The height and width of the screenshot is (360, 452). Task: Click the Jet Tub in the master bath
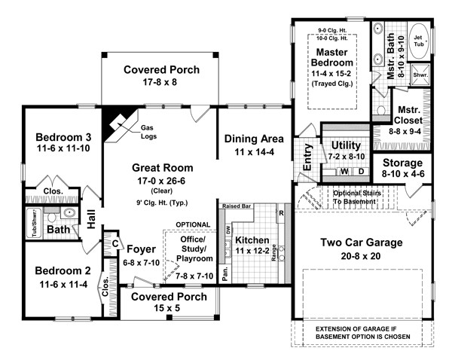tap(419, 41)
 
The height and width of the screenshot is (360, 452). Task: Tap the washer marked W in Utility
tap(344, 172)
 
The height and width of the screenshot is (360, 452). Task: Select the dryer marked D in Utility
tap(361, 172)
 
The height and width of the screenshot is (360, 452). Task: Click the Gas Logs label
tap(148, 132)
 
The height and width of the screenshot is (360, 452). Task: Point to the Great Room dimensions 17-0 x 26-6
tap(161, 181)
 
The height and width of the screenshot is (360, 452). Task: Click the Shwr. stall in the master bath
tap(420, 75)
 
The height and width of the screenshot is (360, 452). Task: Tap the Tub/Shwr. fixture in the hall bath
tap(35, 223)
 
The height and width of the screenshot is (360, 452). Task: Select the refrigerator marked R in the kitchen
tap(281, 214)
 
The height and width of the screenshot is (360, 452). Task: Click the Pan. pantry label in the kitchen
tap(225, 274)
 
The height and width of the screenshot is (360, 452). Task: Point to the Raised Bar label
tap(237, 206)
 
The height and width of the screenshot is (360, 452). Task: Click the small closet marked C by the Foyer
tap(115, 244)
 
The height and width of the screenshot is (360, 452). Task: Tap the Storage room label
tap(402, 163)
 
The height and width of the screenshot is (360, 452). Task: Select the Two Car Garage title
tap(362, 243)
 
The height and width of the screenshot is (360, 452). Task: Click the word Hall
tap(91, 219)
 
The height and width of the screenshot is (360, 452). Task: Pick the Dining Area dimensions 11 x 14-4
tap(254, 152)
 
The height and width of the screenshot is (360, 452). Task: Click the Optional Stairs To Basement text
tap(357, 197)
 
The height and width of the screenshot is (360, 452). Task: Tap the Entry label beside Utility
tap(307, 157)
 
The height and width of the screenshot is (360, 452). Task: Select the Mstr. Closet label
tap(408, 115)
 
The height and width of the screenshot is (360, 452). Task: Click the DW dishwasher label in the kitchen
tap(228, 230)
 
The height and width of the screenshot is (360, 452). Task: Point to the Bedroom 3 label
tap(63, 137)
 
